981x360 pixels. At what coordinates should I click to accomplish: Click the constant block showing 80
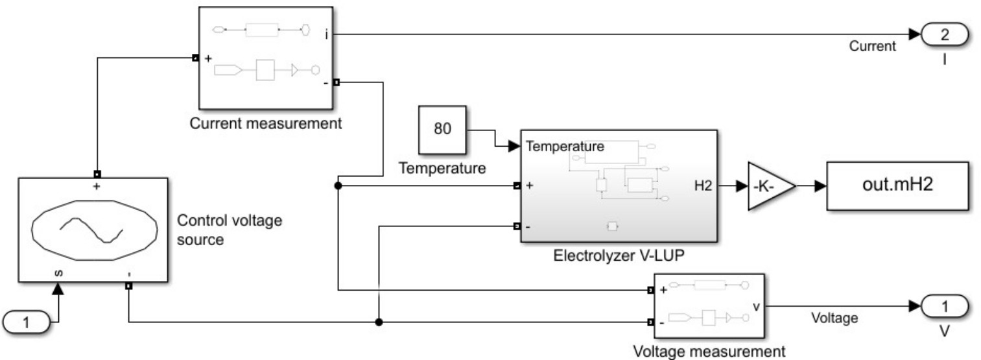point(442,128)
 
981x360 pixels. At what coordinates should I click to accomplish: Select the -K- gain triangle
point(770,186)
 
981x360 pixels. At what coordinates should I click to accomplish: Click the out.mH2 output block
point(897,186)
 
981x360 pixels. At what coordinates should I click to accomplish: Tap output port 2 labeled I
point(943,34)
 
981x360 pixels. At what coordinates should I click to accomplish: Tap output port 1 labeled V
point(943,306)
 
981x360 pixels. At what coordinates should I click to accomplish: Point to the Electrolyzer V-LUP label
point(619,255)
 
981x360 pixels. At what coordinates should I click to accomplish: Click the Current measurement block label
point(266,123)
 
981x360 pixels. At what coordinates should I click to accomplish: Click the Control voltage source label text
point(230,230)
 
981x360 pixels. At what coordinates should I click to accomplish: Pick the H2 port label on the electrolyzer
point(703,186)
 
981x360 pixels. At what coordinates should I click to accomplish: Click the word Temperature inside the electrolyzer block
point(565,147)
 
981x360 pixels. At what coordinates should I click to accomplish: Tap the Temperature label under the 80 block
point(442,169)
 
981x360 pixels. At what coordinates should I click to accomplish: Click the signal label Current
point(873,46)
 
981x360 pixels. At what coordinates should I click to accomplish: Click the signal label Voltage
point(834,317)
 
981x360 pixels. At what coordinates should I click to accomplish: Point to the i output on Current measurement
point(326,34)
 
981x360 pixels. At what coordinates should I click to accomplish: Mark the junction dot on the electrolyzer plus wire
point(338,186)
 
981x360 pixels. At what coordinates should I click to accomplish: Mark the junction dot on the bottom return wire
point(379,322)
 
